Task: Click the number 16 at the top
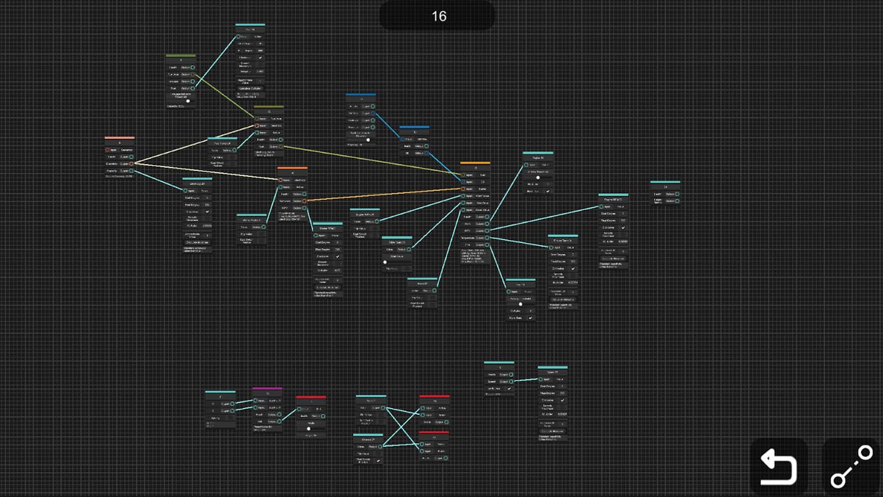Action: point(439,16)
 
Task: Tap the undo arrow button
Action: point(778,467)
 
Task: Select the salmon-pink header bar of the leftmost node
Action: point(119,138)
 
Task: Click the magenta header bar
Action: point(267,388)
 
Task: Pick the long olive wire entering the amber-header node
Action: point(370,159)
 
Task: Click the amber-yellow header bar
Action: point(475,163)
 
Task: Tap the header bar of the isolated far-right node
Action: point(665,182)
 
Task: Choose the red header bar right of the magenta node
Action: point(311,396)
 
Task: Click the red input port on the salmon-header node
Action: point(108,150)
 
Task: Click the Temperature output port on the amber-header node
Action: point(487,238)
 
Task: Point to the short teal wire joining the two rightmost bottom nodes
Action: point(525,380)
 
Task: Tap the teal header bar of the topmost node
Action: point(250,24)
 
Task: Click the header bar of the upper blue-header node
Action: point(361,94)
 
